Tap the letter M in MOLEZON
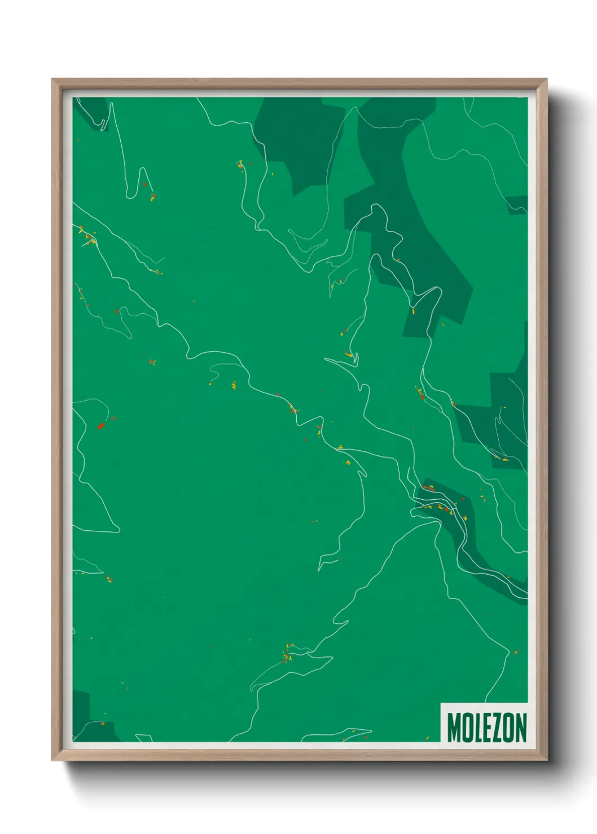(x=454, y=727)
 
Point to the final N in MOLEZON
(x=520, y=727)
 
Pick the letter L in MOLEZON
(x=477, y=729)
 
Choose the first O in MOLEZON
(x=467, y=727)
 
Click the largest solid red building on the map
(x=101, y=425)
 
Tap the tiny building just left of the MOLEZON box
(x=427, y=738)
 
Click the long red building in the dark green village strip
(x=429, y=488)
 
